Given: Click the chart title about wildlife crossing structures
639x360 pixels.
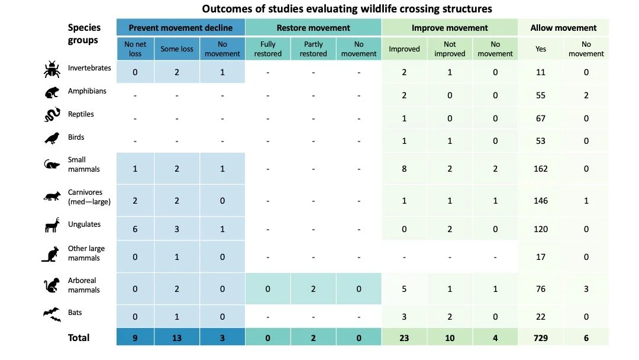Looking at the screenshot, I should [347, 9].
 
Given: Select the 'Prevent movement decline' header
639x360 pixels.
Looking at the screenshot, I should [180, 27].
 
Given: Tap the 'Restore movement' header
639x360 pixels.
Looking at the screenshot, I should [313, 27].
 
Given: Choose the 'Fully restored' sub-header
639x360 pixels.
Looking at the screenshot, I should [267, 49].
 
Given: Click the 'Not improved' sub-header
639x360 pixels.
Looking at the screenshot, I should [450, 49].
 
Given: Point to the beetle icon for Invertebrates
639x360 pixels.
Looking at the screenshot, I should [51, 69].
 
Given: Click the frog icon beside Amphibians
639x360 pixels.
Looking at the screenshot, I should [51, 92].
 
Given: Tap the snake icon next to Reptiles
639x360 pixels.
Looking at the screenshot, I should [51, 115].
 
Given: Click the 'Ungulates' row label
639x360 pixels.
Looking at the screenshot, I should [85, 224].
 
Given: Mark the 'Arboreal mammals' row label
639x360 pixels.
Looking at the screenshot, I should [83, 285].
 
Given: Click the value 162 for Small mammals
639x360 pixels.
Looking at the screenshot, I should [540, 169].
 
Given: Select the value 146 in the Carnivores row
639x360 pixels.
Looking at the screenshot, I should [540, 201].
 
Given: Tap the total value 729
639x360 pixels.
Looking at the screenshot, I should [540, 338].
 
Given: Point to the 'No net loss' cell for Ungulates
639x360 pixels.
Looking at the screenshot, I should [135, 229].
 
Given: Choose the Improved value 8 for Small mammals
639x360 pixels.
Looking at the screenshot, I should [404, 169].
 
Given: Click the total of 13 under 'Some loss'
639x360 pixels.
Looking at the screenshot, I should [176, 338].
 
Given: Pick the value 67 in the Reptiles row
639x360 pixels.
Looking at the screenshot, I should [540, 118].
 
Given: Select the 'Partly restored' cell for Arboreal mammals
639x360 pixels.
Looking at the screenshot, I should [313, 289].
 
